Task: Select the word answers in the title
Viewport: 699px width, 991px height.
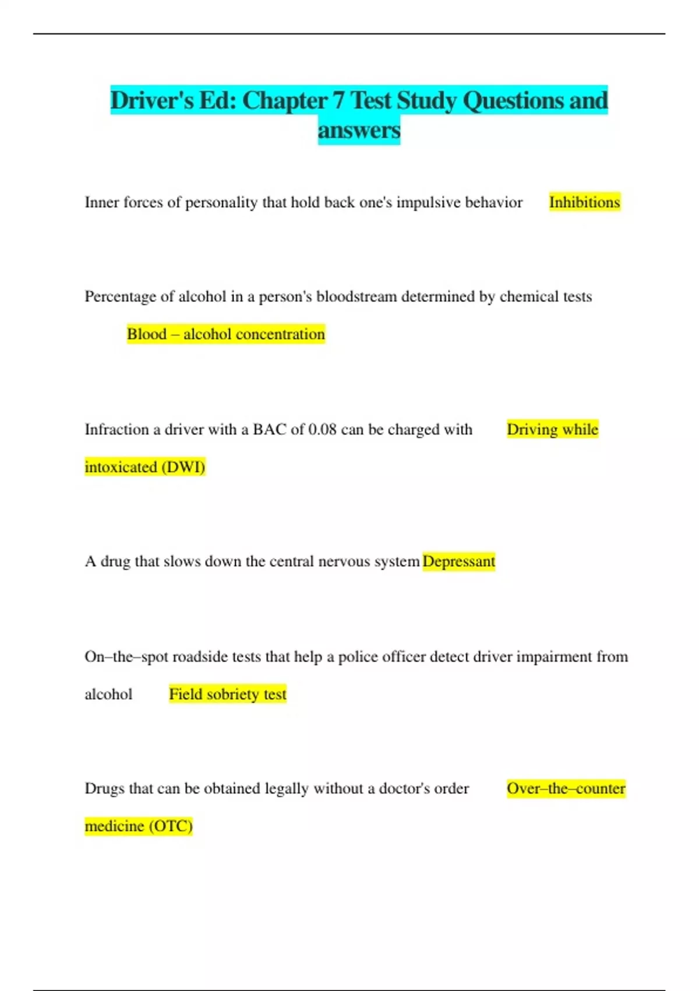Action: point(359,130)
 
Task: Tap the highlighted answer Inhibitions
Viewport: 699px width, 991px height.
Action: point(584,202)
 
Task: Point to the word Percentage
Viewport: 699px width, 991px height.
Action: point(120,297)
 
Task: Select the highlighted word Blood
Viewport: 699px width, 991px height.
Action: point(147,334)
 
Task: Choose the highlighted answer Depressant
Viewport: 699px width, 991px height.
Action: point(458,561)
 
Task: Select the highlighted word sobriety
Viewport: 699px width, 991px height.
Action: point(232,694)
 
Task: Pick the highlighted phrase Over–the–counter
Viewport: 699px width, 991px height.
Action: point(566,789)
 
